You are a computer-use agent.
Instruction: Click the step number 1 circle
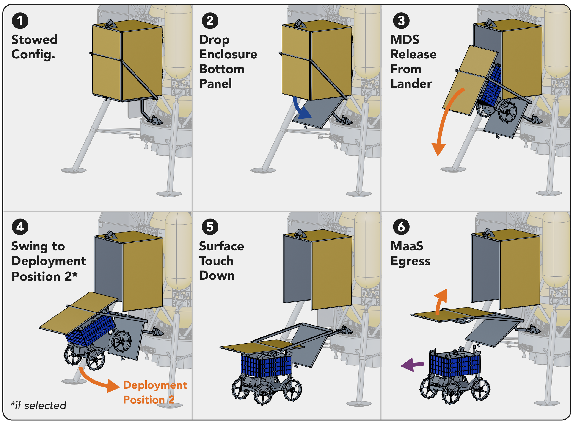click(20, 21)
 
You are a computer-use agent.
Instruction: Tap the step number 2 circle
click(210, 21)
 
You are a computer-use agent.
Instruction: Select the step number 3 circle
click(401, 21)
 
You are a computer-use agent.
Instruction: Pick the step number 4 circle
click(20, 227)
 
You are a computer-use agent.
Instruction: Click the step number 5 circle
click(210, 227)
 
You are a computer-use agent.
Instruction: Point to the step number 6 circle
click(401, 227)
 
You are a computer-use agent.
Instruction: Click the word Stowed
click(35, 40)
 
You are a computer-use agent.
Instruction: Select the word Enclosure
click(228, 54)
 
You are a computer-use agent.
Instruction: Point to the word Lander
click(411, 84)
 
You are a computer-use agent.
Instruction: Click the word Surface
click(222, 246)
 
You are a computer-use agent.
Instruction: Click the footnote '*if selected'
click(38, 405)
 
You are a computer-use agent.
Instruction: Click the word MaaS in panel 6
click(407, 246)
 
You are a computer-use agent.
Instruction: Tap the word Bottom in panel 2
click(222, 69)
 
